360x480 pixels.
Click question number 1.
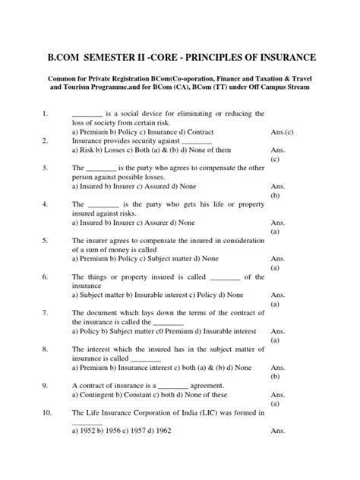[46, 114]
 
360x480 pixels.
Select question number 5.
[46, 241]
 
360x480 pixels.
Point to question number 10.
[47, 413]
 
